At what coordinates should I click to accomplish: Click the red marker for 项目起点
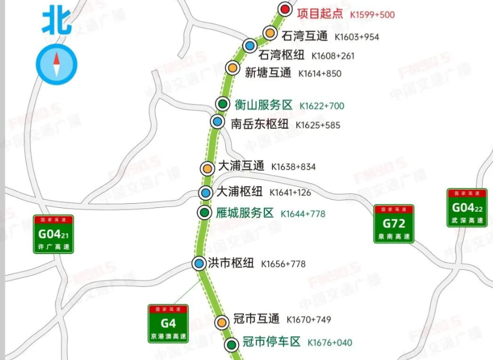pyautogui.click(x=285, y=9)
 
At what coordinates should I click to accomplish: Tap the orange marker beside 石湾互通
pyautogui.click(x=270, y=33)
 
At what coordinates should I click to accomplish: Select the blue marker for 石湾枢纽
pyautogui.click(x=250, y=45)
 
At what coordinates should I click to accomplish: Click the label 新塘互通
pyautogui.click(x=268, y=73)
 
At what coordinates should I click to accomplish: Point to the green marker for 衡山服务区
pyautogui.click(x=223, y=103)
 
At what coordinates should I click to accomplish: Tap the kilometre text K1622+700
pyautogui.click(x=321, y=106)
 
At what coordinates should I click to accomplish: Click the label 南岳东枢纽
pyautogui.click(x=260, y=124)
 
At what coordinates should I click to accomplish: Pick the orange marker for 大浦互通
pyautogui.click(x=207, y=168)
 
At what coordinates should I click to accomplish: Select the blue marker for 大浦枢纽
pyautogui.click(x=206, y=193)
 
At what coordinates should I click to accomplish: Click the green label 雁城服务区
pyautogui.click(x=245, y=213)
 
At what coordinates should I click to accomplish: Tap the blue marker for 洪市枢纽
pyautogui.click(x=199, y=263)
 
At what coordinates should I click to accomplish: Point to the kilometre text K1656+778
pyautogui.click(x=283, y=264)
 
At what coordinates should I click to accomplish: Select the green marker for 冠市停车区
pyautogui.click(x=231, y=345)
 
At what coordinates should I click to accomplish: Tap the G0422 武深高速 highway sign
pyautogui.click(x=467, y=208)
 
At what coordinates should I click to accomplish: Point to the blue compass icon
pyautogui.click(x=56, y=65)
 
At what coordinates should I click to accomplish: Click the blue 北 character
pyautogui.click(x=56, y=21)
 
